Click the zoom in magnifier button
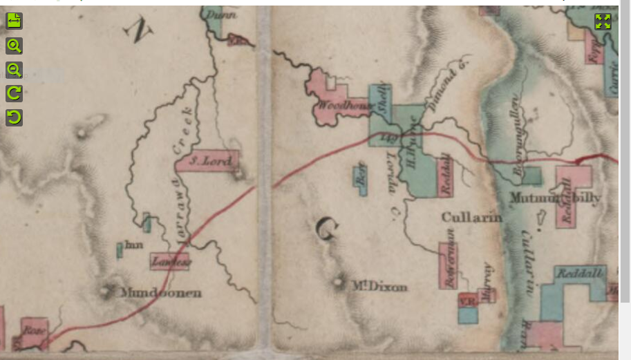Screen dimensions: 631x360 coord(14,46)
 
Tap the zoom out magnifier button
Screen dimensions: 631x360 coord(14,69)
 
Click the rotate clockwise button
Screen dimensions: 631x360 coord(14,93)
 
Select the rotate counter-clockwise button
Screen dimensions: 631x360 coord(14,117)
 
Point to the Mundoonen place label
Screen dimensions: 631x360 coord(161,293)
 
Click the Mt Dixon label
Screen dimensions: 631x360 coord(379,287)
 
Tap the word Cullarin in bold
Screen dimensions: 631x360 coord(471,218)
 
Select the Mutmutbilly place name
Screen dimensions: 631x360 coord(555,198)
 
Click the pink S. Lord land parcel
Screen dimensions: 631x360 coord(207,162)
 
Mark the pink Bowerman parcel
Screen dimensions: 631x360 coord(447,265)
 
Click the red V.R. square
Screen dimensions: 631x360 coord(467,301)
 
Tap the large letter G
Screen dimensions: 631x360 coord(326,228)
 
